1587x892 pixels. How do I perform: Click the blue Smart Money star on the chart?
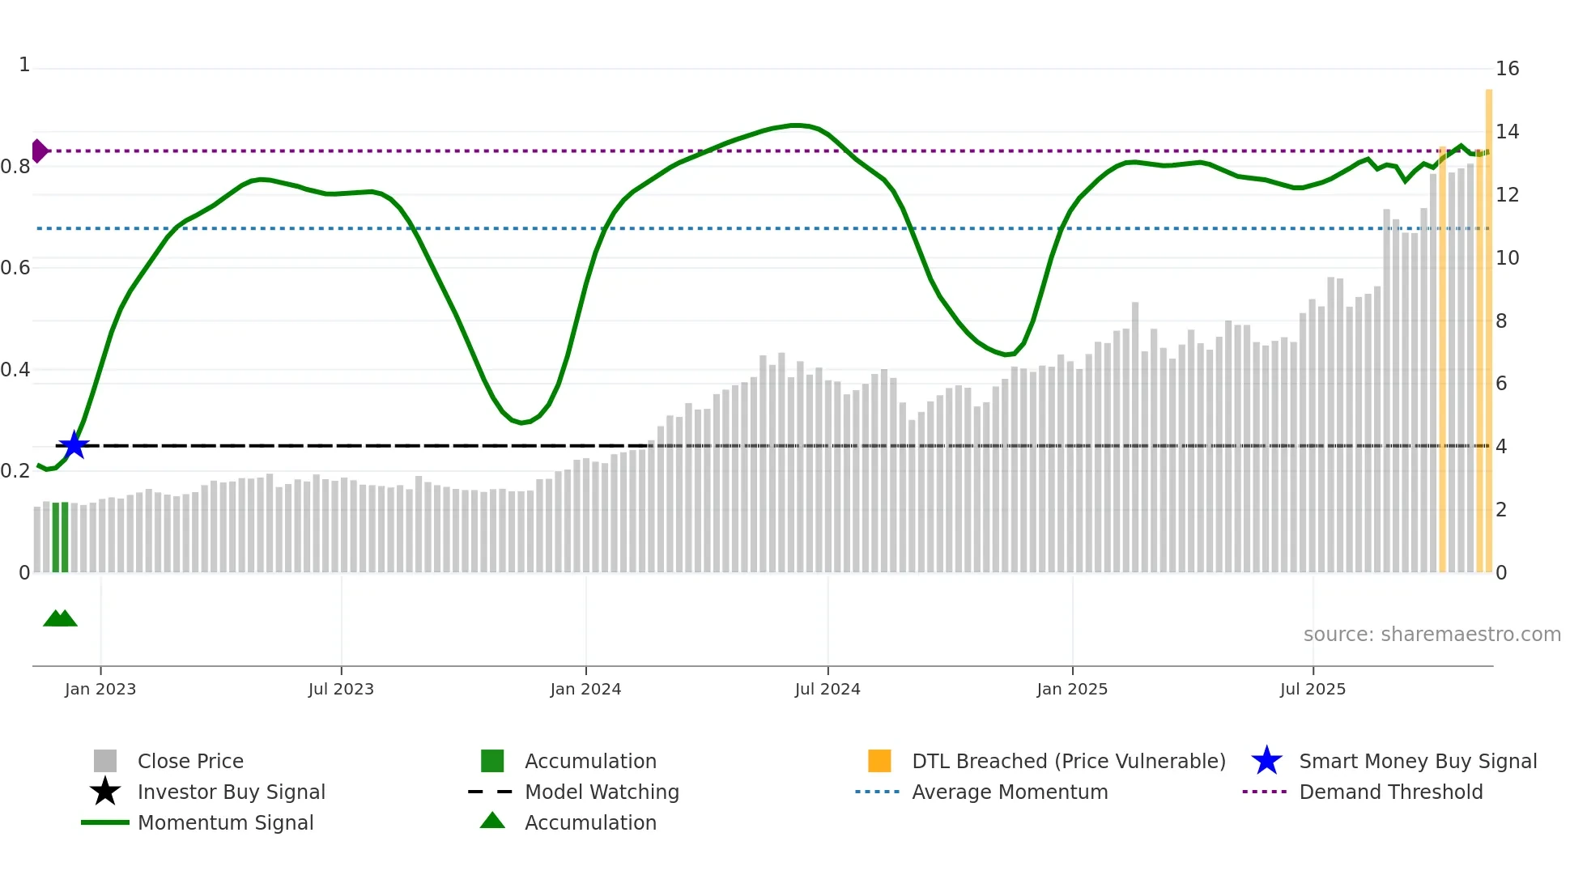pyautogui.click(x=74, y=445)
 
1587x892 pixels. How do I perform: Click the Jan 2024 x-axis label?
pyautogui.click(x=585, y=689)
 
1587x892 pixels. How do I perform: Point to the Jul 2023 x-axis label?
pyautogui.click(x=341, y=689)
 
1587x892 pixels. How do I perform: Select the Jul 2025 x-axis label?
pyautogui.click(x=1313, y=689)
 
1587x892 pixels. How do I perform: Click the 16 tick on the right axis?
pyautogui.click(x=1507, y=69)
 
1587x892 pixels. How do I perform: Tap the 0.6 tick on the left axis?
pyautogui.click(x=15, y=268)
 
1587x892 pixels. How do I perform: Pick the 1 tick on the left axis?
pyautogui.click(x=24, y=65)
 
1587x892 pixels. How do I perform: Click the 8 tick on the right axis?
pyautogui.click(x=1501, y=321)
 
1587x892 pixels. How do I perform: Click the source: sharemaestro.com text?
pyautogui.click(x=1432, y=634)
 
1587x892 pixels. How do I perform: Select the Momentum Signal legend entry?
pyautogui.click(x=225, y=822)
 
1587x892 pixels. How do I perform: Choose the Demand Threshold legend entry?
pyautogui.click(x=1390, y=792)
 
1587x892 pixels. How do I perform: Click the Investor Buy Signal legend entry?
pyautogui.click(x=231, y=792)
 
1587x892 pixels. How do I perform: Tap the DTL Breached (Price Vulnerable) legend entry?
pyautogui.click(x=1068, y=761)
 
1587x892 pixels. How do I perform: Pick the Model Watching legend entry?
pyautogui.click(x=602, y=792)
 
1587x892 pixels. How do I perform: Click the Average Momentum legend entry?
pyautogui.click(x=1010, y=792)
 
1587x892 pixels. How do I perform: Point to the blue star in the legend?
pyautogui.click(x=1266, y=761)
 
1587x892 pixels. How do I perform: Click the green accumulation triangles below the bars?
pyautogui.click(x=60, y=618)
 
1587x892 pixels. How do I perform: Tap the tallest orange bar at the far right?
pyautogui.click(x=1488, y=324)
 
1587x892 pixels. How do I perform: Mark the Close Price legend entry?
pyautogui.click(x=190, y=761)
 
